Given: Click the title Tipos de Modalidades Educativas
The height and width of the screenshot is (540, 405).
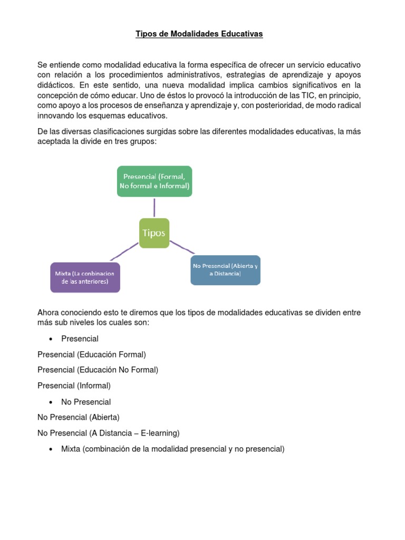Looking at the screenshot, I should tap(199, 34).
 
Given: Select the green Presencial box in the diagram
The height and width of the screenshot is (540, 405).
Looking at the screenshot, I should tap(155, 181).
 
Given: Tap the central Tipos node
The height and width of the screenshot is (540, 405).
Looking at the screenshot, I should tap(154, 233).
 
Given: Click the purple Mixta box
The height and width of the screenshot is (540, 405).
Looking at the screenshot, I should tap(85, 277).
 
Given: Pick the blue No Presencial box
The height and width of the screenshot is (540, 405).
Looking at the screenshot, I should tap(225, 270).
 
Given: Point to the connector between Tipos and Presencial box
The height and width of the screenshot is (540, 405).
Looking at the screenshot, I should tap(155, 207).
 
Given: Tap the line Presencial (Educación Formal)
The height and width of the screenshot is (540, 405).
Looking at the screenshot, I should tap(91, 354).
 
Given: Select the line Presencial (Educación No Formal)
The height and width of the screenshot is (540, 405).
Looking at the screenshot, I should tap(98, 370).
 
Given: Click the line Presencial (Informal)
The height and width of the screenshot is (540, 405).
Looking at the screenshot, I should tap(74, 386).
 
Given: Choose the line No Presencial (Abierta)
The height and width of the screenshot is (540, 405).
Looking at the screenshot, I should tap(79, 418).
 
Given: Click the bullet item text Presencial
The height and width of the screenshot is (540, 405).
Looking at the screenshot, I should tap(80, 339).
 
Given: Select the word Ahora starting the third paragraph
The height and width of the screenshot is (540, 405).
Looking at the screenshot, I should tap(49, 313).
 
